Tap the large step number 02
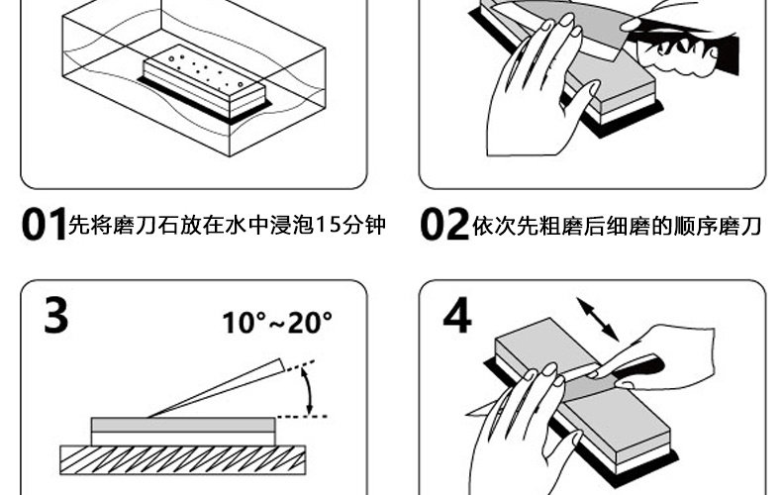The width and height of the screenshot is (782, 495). click(x=443, y=226)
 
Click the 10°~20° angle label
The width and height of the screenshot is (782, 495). click(x=276, y=323)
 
